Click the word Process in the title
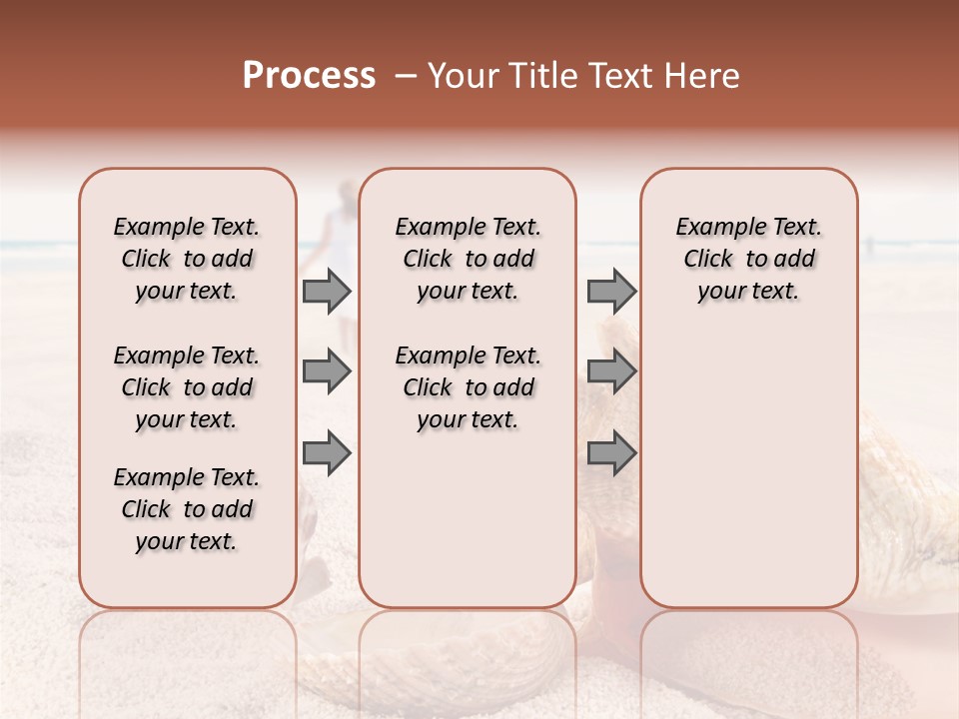click(309, 76)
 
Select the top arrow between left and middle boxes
click(327, 291)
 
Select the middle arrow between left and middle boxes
click(327, 371)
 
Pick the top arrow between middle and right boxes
click(611, 291)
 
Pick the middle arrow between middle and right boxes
click(611, 371)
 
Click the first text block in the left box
click(187, 259)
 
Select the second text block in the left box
click(187, 387)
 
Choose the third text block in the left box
click(187, 509)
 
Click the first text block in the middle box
click(468, 259)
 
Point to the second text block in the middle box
click(468, 387)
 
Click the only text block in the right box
click(748, 259)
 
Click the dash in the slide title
click(405, 76)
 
